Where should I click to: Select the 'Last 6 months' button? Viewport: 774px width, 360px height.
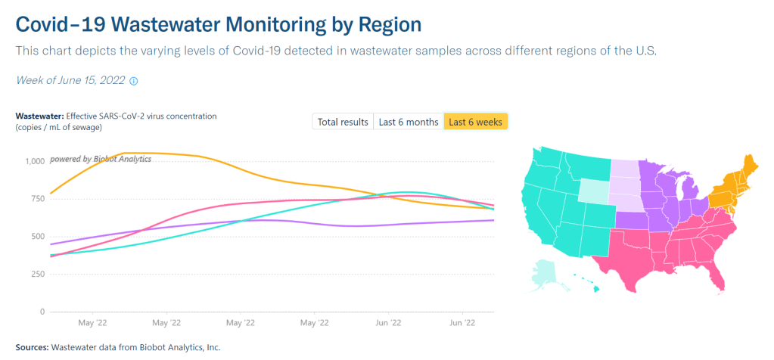(x=409, y=122)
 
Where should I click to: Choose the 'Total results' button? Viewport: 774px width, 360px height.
(x=343, y=122)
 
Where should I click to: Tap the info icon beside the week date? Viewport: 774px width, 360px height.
(x=134, y=80)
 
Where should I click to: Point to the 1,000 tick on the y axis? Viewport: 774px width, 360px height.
(x=33, y=161)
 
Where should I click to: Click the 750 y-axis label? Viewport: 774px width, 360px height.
(x=36, y=199)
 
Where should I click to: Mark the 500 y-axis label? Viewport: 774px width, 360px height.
(x=36, y=237)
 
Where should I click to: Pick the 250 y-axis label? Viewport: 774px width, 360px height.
(x=36, y=274)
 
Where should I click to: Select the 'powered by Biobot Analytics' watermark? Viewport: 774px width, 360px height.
(x=101, y=159)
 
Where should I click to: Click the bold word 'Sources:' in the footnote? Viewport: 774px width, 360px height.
(x=31, y=347)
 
